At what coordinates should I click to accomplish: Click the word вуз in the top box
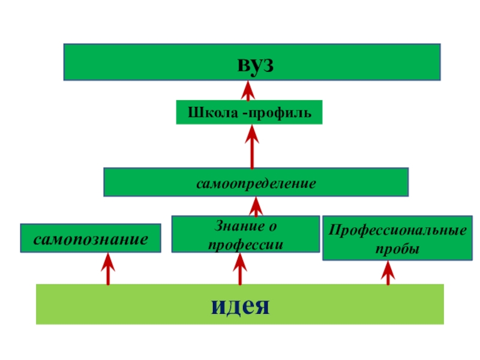251,63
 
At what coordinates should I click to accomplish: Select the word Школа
214,112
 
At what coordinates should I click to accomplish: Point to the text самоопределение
256,182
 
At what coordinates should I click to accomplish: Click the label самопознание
91,239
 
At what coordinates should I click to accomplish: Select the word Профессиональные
397,231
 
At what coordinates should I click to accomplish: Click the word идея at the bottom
240,305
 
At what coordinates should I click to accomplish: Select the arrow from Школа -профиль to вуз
248,91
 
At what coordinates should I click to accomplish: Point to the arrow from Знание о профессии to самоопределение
257,207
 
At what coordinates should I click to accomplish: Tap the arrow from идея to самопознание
108,268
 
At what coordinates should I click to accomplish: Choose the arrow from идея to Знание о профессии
241,268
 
